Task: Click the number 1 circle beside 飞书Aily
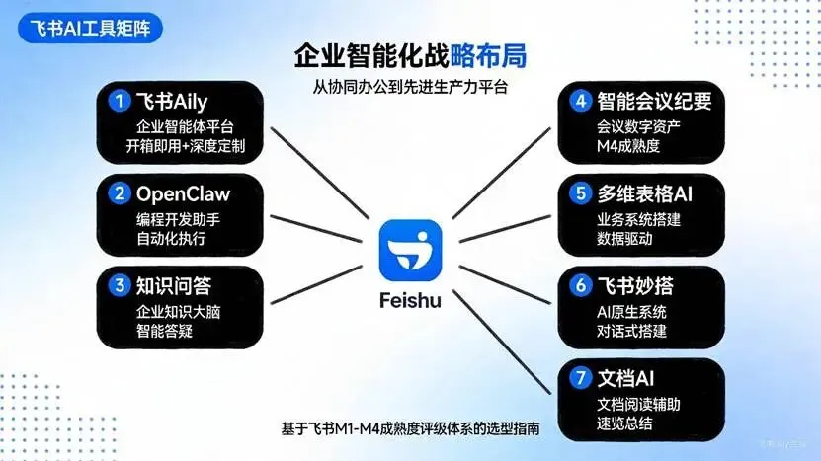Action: point(120,101)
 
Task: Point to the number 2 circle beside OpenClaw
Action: point(120,192)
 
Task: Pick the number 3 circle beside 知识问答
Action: point(120,286)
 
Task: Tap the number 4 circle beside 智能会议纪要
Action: point(581,101)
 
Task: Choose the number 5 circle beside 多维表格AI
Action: point(581,192)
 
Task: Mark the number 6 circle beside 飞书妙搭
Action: point(581,286)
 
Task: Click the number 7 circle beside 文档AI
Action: point(581,377)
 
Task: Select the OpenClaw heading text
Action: point(185,192)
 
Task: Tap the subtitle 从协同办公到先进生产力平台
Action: point(409,87)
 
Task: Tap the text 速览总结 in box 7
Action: point(627,423)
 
